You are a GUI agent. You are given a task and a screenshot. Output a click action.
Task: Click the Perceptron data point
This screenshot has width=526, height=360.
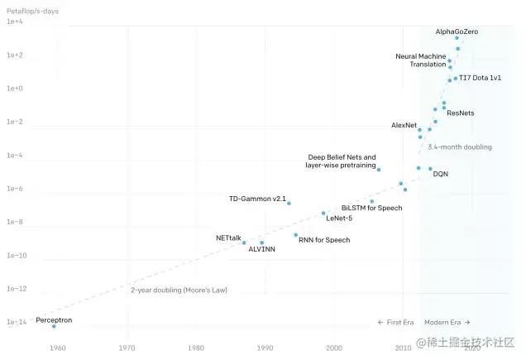click(x=54, y=326)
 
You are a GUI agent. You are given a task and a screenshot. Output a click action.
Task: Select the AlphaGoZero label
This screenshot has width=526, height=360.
click(x=457, y=31)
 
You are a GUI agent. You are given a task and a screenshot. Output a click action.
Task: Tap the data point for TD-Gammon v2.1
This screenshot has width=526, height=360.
click(x=289, y=203)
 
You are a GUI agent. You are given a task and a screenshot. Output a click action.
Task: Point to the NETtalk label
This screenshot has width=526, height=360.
click(x=228, y=238)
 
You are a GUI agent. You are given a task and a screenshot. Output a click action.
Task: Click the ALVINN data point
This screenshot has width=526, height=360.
click(x=261, y=242)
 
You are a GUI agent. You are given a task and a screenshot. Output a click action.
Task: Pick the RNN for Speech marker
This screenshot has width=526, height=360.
click(x=295, y=235)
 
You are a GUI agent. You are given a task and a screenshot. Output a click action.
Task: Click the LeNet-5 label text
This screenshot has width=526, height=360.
click(x=339, y=218)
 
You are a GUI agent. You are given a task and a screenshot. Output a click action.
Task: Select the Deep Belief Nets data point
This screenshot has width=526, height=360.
click(x=378, y=169)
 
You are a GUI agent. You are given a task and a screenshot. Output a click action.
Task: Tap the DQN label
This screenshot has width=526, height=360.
click(x=441, y=174)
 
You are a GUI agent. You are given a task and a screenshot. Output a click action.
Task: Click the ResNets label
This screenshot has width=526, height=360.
click(x=460, y=113)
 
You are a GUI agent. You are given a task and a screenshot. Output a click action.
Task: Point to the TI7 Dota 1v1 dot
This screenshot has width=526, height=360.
click(x=456, y=79)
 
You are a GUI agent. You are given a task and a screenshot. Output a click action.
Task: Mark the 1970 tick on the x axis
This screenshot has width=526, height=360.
click(x=127, y=348)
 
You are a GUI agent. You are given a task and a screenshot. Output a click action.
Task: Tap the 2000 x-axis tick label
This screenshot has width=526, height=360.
click(x=334, y=348)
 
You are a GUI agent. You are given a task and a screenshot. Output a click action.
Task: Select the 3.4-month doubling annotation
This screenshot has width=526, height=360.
click(x=460, y=146)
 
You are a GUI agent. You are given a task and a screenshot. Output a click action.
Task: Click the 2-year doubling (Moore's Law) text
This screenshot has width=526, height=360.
click(x=179, y=290)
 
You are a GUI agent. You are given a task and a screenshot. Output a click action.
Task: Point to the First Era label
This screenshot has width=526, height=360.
click(x=397, y=322)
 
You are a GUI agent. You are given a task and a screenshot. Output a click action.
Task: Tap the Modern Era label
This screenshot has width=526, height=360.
click(x=447, y=322)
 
